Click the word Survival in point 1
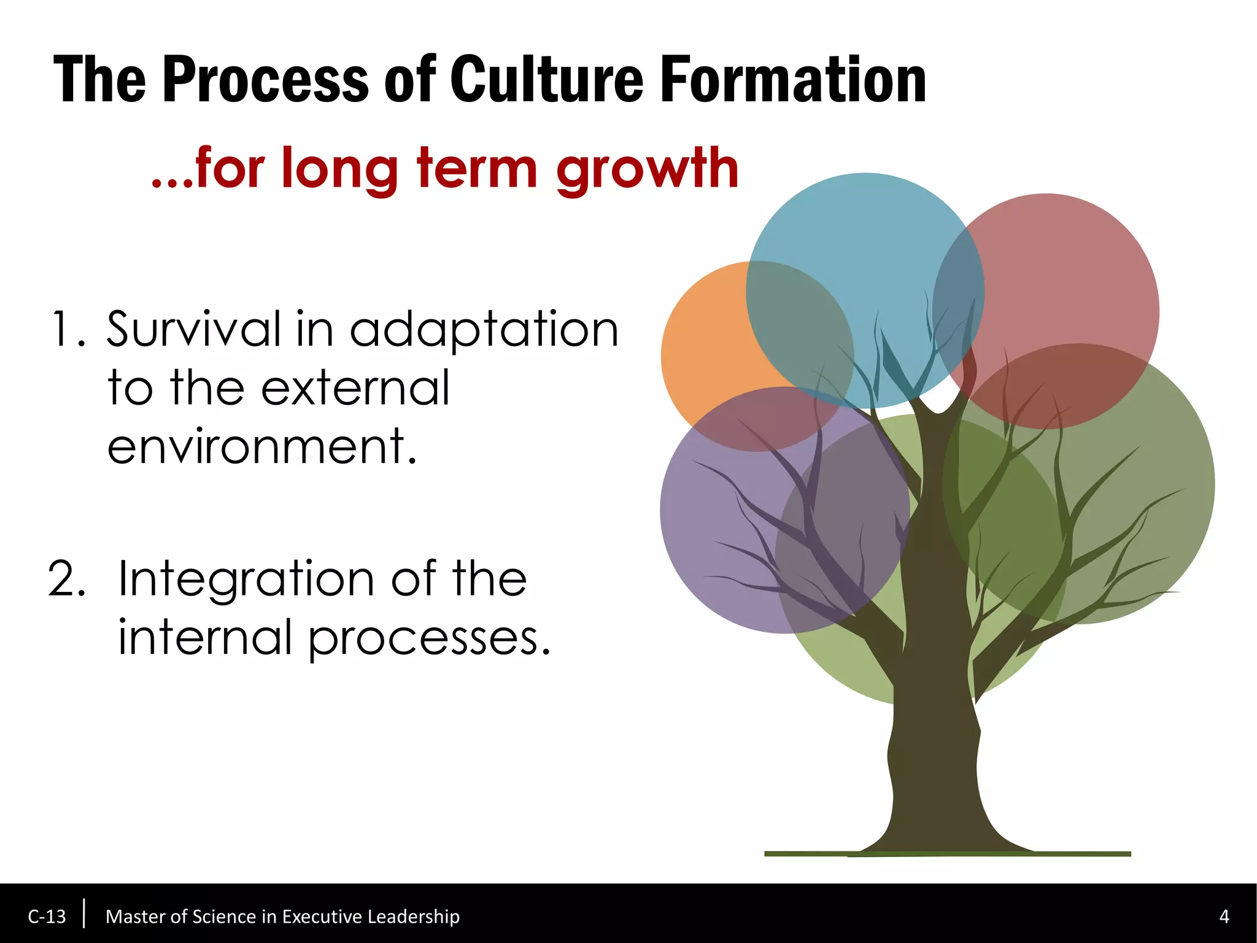point(193,330)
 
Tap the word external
point(356,388)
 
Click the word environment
point(262,446)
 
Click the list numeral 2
point(66,579)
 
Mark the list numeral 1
point(64,330)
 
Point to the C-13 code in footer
point(47,917)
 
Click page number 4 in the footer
point(1224,917)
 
